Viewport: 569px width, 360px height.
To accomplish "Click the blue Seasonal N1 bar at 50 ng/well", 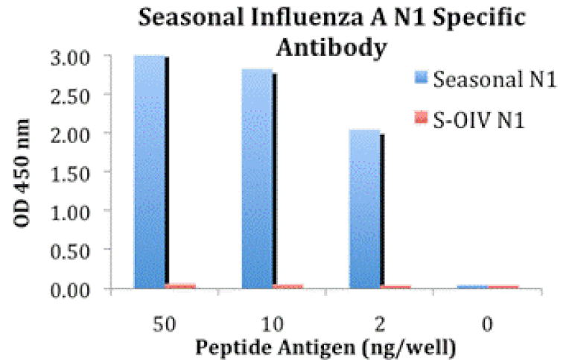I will tap(150, 171).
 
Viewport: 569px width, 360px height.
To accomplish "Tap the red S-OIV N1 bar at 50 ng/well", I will tap(181, 285).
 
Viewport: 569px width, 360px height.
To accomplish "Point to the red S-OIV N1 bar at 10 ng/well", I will tap(288, 286).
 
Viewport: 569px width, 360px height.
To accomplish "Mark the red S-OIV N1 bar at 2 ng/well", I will tap(395, 286).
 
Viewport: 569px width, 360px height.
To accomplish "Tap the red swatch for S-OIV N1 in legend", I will tap(422, 117).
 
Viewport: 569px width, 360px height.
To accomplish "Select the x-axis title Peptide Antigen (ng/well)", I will tap(325, 347).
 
